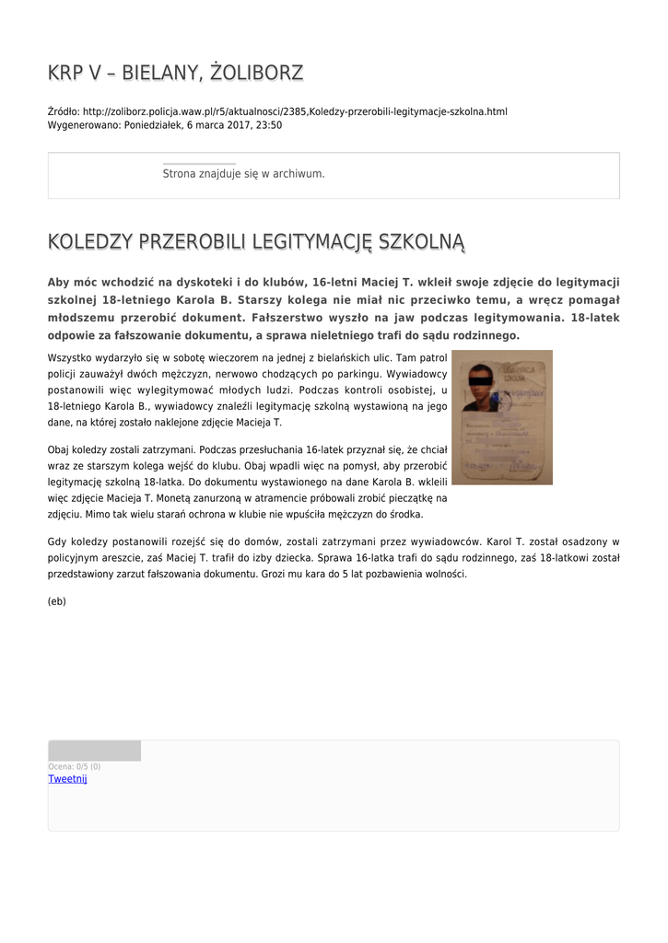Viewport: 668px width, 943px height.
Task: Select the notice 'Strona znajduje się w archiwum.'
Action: tap(243, 173)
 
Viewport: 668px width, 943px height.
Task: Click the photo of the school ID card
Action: tap(502, 417)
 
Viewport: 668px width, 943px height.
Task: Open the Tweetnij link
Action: tap(67, 779)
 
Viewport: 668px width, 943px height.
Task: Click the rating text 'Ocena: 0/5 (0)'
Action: tap(75, 766)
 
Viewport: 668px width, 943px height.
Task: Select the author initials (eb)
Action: tap(57, 601)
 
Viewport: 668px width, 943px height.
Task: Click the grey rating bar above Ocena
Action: tap(95, 751)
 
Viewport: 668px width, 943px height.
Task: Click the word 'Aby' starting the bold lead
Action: tap(60, 282)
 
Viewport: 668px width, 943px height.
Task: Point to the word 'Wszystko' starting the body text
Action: tap(70, 355)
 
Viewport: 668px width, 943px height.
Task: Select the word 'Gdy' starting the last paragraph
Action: tap(57, 541)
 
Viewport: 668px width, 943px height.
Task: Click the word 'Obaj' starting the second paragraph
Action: tap(60, 449)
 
